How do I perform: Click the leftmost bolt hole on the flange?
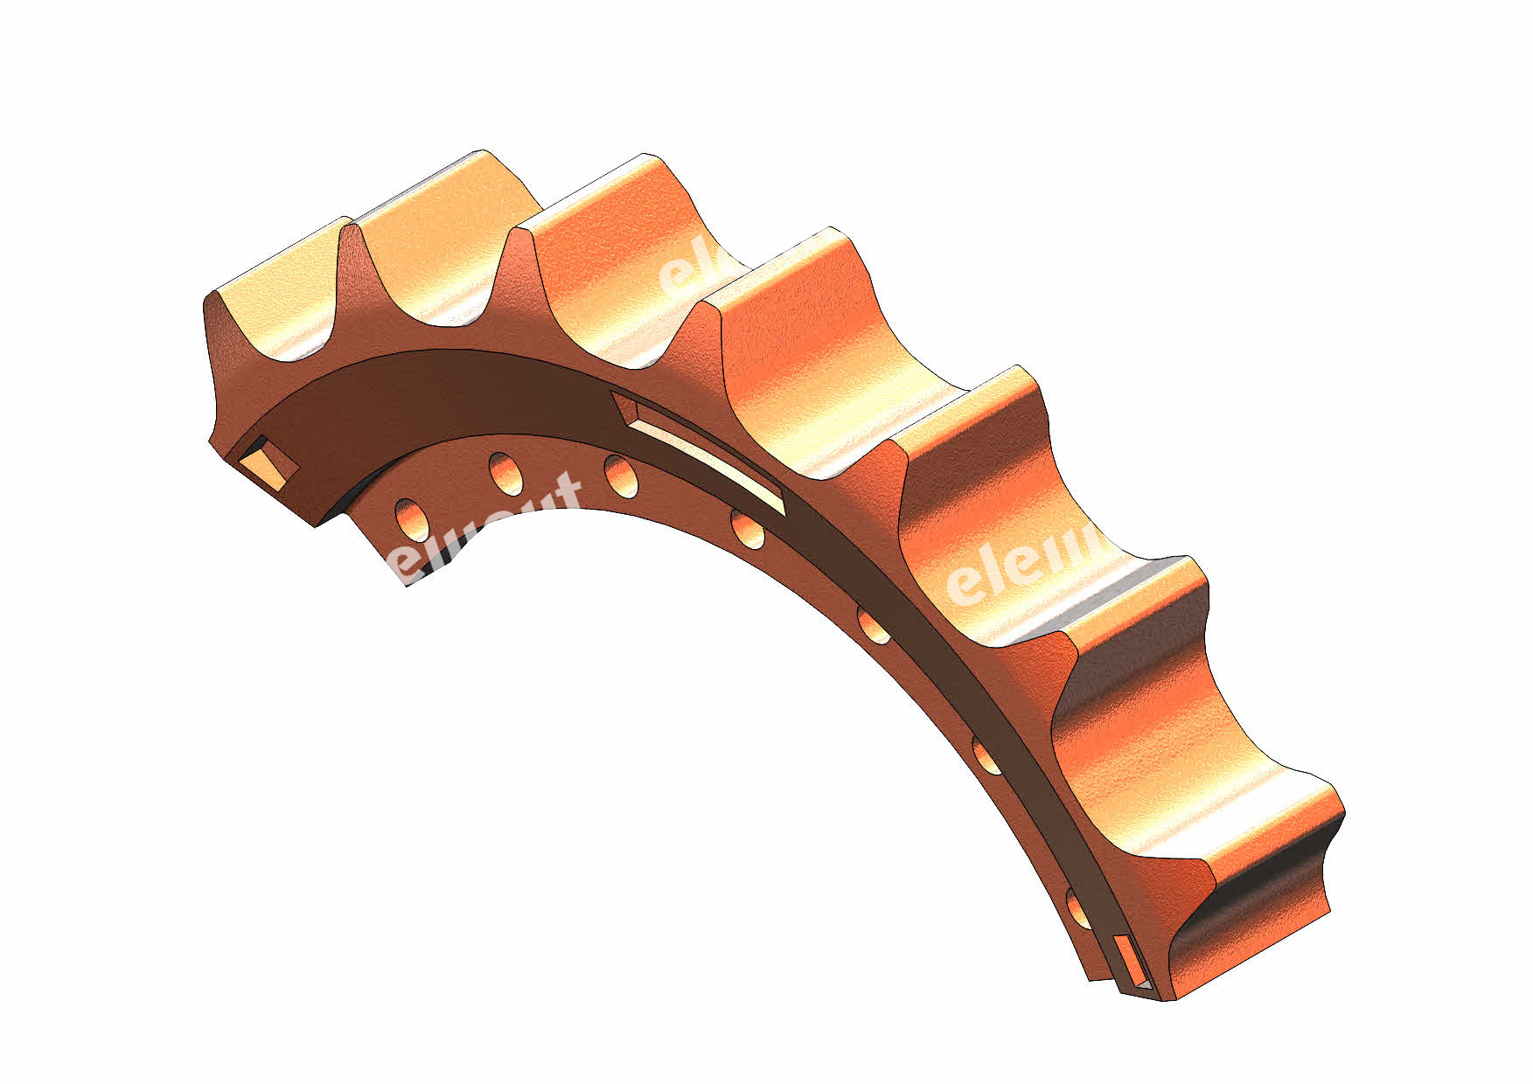[410, 518]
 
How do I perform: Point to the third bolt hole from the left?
[621, 476]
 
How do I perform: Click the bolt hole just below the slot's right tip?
[746, 530]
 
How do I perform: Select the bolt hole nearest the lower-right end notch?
[1077, 908]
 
